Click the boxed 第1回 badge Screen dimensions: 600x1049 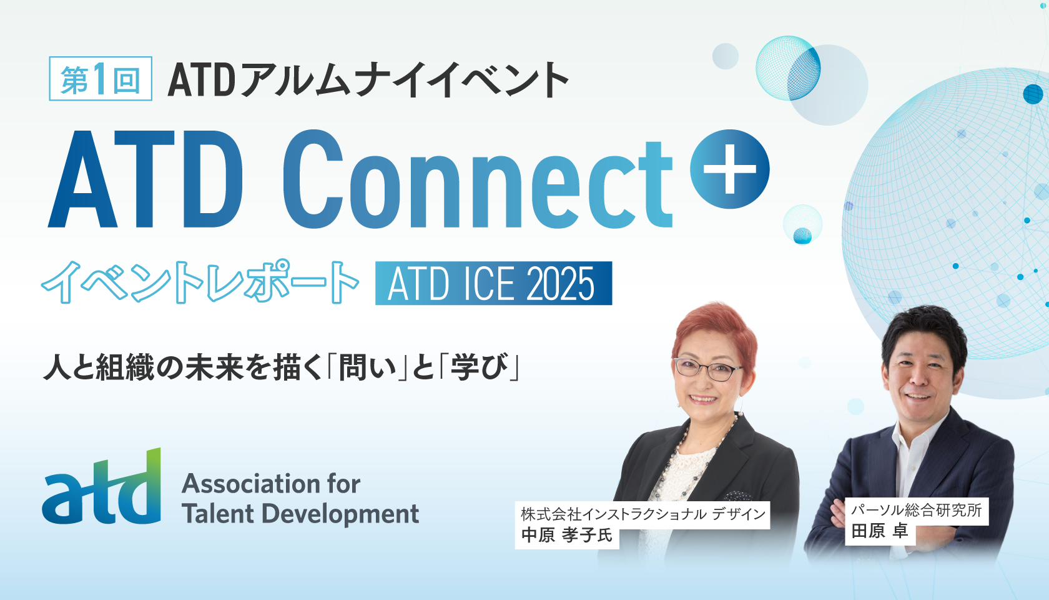coord(101,79)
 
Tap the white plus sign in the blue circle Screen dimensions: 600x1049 coord(729,169)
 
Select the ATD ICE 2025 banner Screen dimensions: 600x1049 coord(493,283)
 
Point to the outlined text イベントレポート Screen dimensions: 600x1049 coord(200,282)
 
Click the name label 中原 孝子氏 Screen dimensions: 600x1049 coord(567,536)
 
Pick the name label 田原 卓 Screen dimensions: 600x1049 coord(879,532)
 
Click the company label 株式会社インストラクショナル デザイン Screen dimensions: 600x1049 coord(643,514)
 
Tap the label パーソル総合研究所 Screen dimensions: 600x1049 coord(916,511)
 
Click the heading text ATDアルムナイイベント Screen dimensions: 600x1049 coord(368,80)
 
